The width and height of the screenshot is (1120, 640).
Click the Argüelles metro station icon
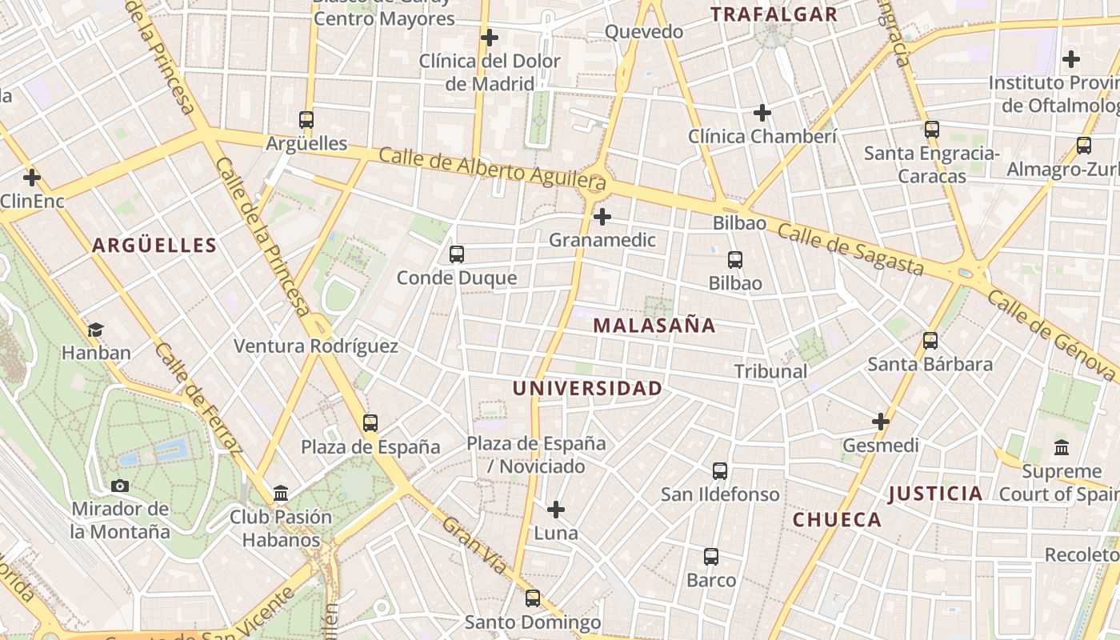pyautogui.click(x=306, y=120)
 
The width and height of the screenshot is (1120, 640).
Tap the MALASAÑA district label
pyautogui.click(x=654, y=326)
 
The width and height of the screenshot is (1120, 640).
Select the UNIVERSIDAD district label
pyautogui.click(x=586, y=389)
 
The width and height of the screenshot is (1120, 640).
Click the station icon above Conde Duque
pyautogui.click(x=457, y=254)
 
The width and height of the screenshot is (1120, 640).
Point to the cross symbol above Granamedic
pyautogui.click(x=602, y=217)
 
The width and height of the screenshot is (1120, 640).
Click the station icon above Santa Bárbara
pyautogui.click(x=930, y=341)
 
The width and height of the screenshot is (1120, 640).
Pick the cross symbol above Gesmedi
pyautogui.click(x=881, y=422)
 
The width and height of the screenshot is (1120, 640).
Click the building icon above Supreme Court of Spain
pyautogui.click(x=1062, y=447)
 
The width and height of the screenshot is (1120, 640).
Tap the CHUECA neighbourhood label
pyautogui.click(x=837, y=520)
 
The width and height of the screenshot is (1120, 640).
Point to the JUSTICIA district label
pyautogui.click(x=935, y=494)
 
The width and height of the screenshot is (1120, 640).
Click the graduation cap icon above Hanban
pyautogui.click(x=96, y=329)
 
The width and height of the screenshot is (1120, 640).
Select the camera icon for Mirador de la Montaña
pyautogui.click(x=120, y=486)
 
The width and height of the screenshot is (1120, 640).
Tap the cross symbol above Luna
pyautogui.click(x=556, y=510)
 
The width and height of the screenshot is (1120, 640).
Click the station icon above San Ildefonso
pyautogui.click(x=720, y=471)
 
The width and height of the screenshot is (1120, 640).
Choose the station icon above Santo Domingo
pyautogui.click(x=533, y=598)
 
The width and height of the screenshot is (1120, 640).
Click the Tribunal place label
pyautogui.click(x=770, y=371)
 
